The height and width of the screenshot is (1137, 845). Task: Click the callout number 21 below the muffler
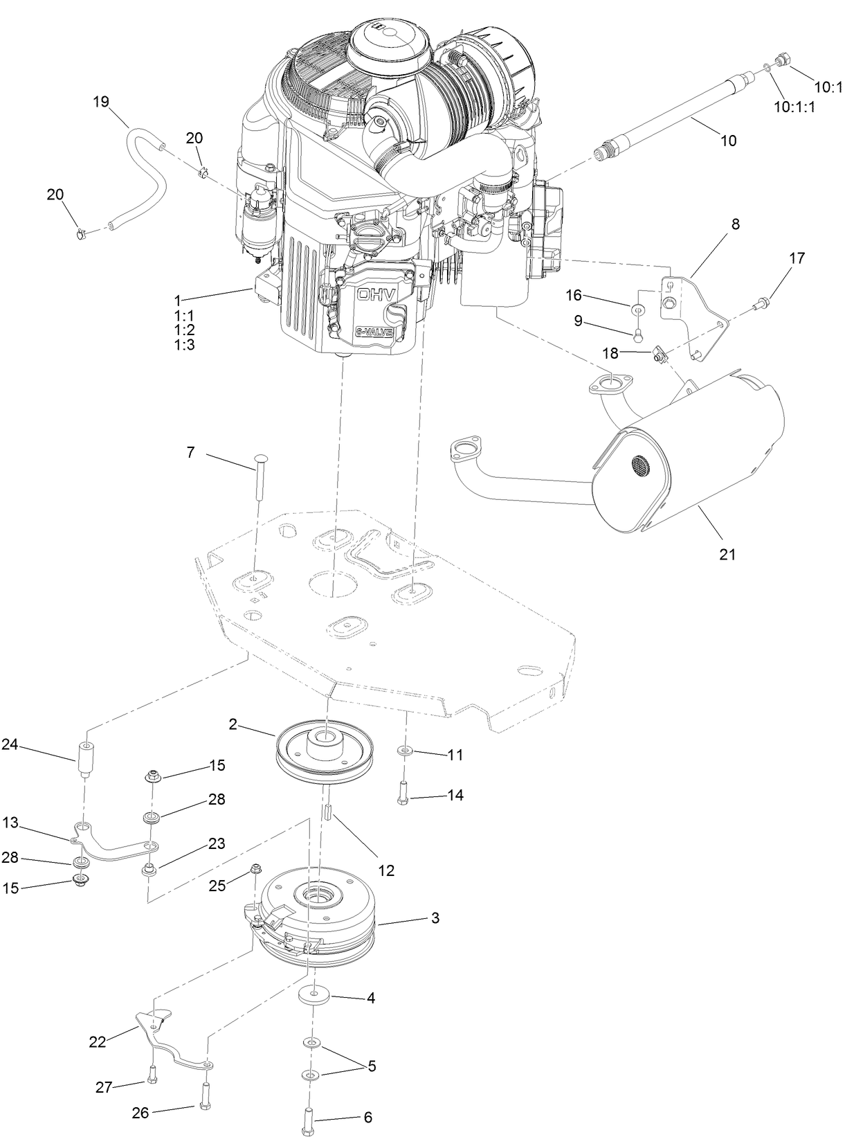pyautogui.click(x=727, y=554)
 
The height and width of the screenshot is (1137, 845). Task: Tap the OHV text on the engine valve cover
pyautogui.click(x=376, y=294)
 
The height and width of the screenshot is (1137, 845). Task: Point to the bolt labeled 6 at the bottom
pyautogui.click(x=309, y=1118)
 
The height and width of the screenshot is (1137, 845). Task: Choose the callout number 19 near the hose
pyautogui.click(x=101, y=102)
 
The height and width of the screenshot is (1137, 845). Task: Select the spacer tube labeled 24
pyautogui.click(x=86, y=760)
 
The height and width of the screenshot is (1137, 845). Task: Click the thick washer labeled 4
pyautogui.click(x=315, y=998)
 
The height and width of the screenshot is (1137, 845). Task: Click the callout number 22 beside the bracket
pyautogui.click(x=98, y=1041)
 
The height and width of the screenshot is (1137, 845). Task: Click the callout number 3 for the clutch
pyautogui.click(x=435, y=918)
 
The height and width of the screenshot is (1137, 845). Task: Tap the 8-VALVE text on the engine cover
pyautogui.click(x=375, y=332)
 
